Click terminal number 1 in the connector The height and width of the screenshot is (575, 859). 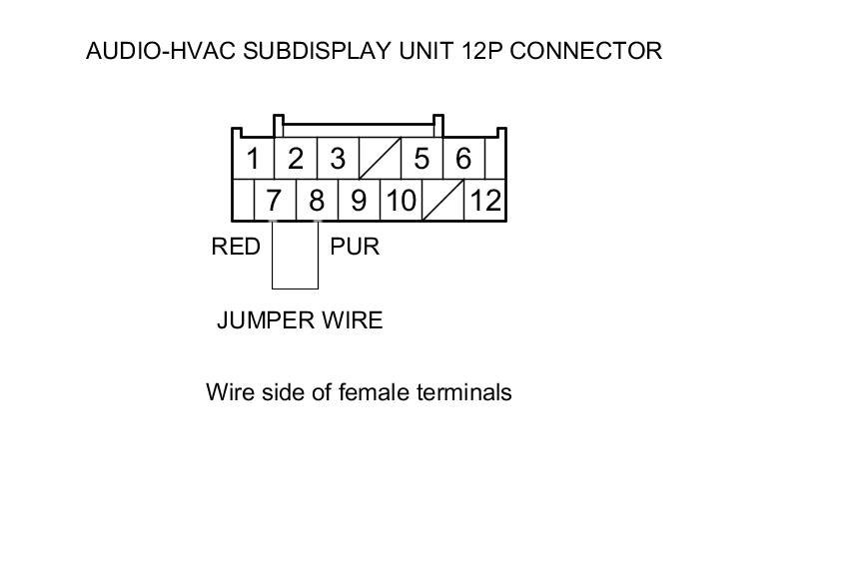253,159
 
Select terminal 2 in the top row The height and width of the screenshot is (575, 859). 296,159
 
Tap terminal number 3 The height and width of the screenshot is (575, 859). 338,159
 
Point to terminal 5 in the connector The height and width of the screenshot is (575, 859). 422,159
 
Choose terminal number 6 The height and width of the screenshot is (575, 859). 463,159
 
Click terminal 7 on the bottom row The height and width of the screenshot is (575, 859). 275,201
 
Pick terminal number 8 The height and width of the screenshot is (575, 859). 317,201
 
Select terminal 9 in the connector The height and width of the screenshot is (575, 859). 359,201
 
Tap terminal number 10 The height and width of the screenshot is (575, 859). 401,201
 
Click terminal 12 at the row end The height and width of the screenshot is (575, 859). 485,201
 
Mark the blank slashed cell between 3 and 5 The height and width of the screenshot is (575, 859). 380,159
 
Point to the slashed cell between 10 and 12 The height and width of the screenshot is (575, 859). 443,201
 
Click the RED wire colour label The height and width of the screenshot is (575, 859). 236,247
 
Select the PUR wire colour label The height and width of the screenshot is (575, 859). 355,247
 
